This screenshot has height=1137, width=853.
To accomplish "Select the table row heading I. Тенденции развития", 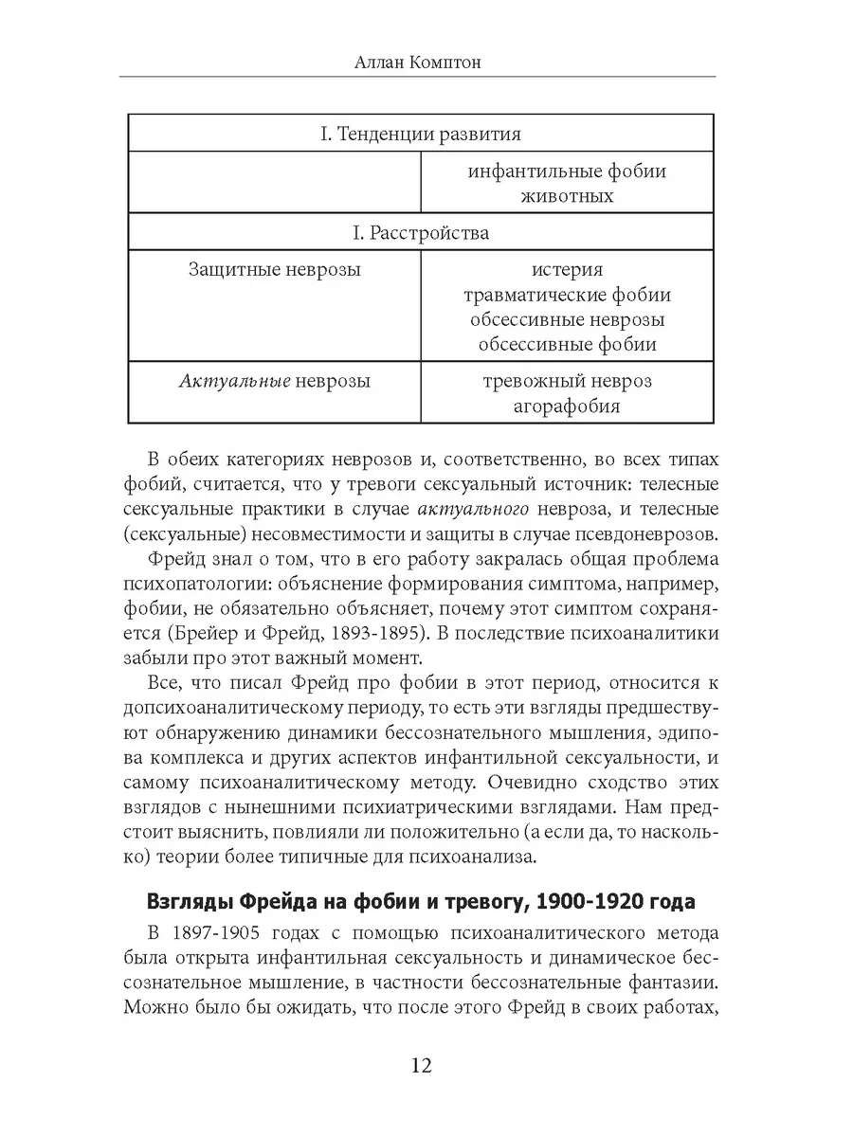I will tap(421, 134).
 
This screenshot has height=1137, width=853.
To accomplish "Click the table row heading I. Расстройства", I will tap(421, 232).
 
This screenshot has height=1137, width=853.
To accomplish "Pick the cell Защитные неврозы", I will tap(275, 270).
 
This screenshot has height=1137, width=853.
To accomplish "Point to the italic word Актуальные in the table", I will tap(232, 382).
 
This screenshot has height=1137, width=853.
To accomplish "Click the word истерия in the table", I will tap(567, 270).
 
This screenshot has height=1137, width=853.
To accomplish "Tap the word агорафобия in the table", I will tap(567, 406).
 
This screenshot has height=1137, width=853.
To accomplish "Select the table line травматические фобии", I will tap(567, 295).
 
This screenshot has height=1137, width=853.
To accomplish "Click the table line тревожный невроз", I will tap(567, 382).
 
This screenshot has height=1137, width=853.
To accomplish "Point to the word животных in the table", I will tap(567, 196).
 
